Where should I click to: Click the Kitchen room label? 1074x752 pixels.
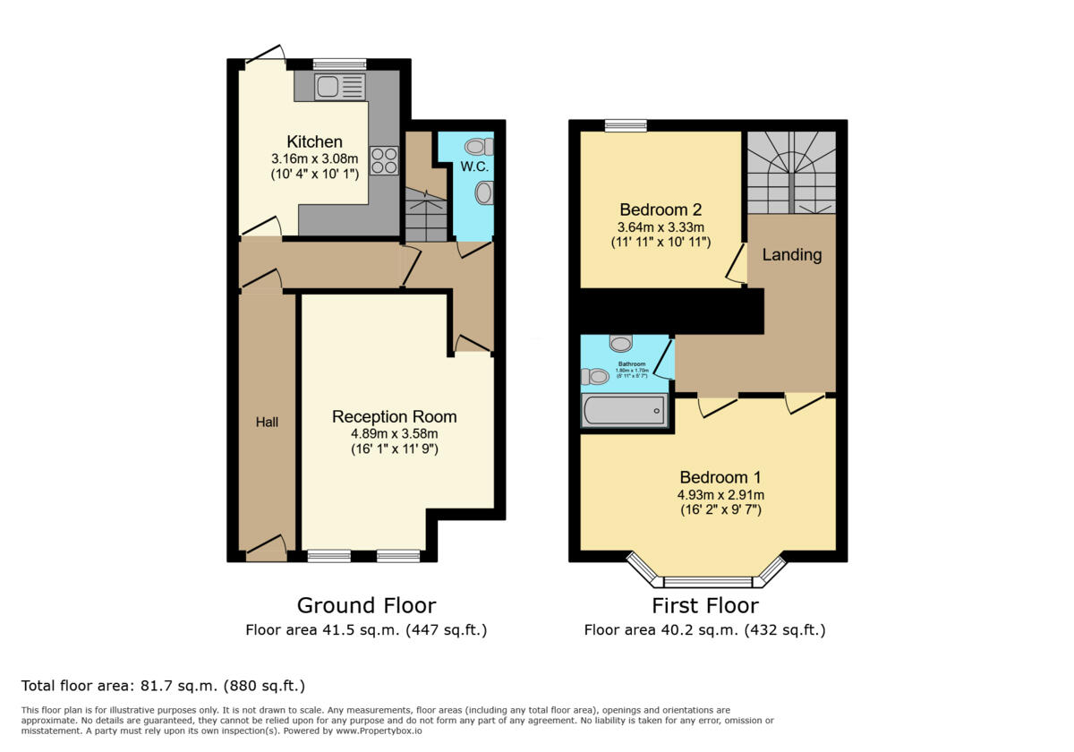314,141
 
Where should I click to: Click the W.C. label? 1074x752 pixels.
473,167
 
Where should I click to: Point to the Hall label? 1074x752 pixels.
267,422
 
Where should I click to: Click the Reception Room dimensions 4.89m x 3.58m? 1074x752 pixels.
394,433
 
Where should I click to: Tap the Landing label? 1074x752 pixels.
791,254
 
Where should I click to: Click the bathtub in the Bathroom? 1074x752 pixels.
625,411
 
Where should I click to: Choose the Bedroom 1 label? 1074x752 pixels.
720,476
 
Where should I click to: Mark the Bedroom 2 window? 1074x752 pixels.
626,126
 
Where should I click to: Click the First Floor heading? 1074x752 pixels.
704,605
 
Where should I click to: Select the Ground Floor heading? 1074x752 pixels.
366,605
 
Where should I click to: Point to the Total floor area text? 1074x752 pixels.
163,686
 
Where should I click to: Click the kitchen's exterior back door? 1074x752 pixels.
264,56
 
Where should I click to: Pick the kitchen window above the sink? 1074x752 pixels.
339,64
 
